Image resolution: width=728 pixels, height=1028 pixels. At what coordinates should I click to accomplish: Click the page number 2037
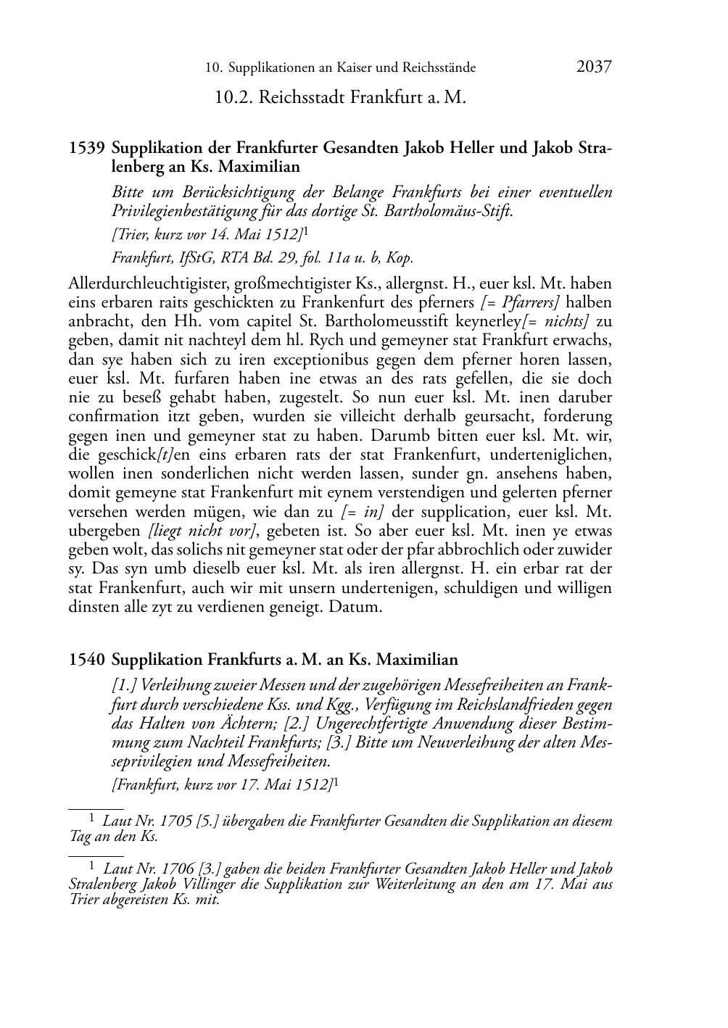point(594,67)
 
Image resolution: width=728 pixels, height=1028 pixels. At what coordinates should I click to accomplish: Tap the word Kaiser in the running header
point(352,68)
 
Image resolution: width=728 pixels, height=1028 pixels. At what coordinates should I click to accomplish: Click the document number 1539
point(86,149)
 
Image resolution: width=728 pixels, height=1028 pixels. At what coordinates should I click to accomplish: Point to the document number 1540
point(86,660)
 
